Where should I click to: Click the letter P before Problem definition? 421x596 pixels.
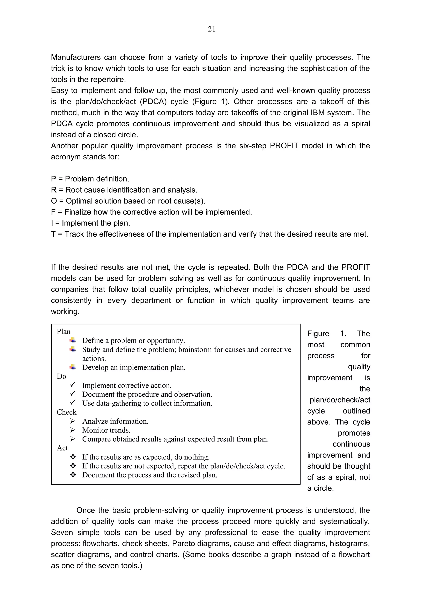(x=53, y=179)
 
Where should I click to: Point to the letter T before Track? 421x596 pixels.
(x=53, y=234)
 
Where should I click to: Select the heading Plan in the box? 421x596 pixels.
(x=64, y=331)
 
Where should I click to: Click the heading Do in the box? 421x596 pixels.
(x=61, y=376)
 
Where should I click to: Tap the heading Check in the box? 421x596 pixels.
(x=67, y=412)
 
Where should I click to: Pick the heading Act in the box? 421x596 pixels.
(x=62, y=448)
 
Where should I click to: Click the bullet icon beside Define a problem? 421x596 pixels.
(x=73, y=340)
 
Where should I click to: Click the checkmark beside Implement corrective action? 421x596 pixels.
(x=73, y=385)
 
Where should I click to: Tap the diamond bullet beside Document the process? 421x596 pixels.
(x=73, y=475)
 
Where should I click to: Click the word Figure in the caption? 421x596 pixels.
(x=318, y=333)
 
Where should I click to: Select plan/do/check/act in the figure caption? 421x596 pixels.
(x=340, y=400)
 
